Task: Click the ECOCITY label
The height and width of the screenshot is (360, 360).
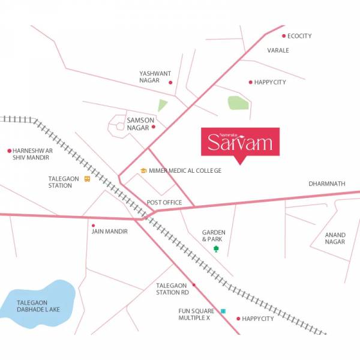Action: point(299,36)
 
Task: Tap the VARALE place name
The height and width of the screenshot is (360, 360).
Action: point(278,50)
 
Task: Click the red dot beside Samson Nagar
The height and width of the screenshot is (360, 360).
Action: point(154,127)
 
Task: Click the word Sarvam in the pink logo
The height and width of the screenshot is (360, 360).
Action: point(240,143)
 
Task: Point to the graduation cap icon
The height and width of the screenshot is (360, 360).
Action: point(143,171)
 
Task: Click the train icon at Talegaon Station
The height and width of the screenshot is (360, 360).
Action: point(88,178)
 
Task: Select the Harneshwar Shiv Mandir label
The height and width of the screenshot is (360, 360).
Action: point(32,154)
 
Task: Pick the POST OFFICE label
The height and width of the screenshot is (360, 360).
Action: point(164,203)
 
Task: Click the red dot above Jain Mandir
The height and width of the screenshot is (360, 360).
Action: point(93,225)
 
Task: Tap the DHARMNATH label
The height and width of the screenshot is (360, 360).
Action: point(327,184)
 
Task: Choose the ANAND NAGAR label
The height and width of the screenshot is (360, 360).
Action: point(335,238)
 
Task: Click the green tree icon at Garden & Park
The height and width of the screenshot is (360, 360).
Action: point(216,248)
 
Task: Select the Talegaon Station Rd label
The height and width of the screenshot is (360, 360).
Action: point(173,289)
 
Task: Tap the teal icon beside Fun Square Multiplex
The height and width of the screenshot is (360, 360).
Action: point(223,311)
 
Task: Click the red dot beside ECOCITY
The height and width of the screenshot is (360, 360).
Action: point(284,36)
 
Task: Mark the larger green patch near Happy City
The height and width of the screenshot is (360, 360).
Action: point(238,103)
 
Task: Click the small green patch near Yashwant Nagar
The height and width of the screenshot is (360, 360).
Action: point(162,106)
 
